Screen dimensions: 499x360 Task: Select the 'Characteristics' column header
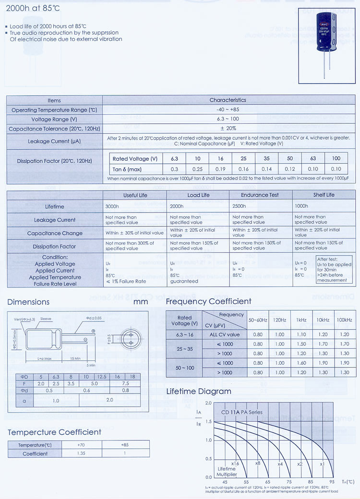click(x=228, y=100)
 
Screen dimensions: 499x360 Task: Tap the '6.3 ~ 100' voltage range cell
click(x=228, y=119)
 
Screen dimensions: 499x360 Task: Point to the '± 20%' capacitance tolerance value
click(x=228, y=128)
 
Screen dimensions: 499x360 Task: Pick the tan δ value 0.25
click(x=197, y=169)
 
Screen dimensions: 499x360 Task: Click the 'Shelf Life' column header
click(x=324, y=195)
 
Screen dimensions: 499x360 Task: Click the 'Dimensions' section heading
click(x=28, y=302)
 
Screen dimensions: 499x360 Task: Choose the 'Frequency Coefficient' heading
click(x=208, y=301)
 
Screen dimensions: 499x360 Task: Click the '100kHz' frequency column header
click(x=343, y=320)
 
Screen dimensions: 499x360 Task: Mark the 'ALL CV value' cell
click(x=225, y=334)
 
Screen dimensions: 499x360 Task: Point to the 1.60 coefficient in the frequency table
click(x=301, y=363)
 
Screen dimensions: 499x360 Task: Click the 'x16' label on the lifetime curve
click(x=235, y=463)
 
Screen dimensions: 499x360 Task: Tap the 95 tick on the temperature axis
click(x=332, y=482)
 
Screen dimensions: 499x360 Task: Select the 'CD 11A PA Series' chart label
click(x=242, y=412)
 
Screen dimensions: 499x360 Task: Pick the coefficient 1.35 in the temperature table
click(x=81, y=453)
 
